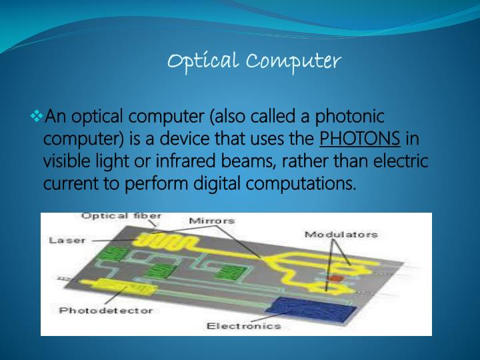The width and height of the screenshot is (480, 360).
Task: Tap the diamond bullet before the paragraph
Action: [x=37, y=118]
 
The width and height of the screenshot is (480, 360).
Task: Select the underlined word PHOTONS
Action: [x=360, y=139]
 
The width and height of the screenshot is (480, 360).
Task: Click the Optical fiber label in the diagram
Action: [x=121, y=217]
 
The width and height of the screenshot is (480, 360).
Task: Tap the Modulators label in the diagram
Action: [x=341, y=234]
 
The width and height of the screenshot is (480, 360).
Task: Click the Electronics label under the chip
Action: [x=243, y=325]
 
